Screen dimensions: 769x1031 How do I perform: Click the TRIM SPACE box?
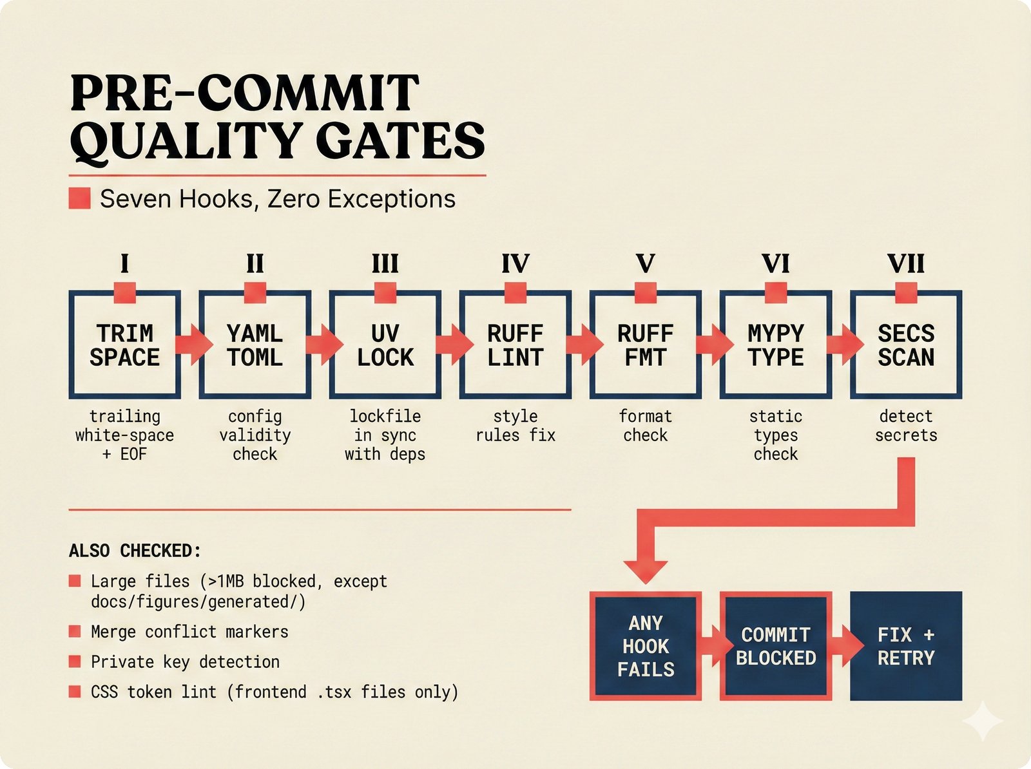point(124,345)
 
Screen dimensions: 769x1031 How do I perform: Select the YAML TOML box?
point(255,345)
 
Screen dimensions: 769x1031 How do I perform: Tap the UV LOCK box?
point(385,345)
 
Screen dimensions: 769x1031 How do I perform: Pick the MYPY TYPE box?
point(776,345)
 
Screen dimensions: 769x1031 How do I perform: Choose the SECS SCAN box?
point(906,345)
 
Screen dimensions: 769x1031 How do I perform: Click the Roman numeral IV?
point(515,264)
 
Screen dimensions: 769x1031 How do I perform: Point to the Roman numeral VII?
point(906,264)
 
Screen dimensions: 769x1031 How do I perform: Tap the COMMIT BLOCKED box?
point(776,646)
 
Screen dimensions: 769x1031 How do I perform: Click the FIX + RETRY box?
point(906,646)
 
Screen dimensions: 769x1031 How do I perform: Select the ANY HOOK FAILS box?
point(646,646)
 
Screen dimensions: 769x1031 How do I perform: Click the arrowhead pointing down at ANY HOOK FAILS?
point(646,570)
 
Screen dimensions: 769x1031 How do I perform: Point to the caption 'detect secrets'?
point(906,426)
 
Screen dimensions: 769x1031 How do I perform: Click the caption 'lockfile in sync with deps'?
point(385,435)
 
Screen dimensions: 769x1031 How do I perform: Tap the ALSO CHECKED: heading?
point(135,551)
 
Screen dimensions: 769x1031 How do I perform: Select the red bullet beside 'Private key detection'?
point(75,661)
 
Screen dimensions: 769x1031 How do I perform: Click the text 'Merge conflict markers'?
point(189,632)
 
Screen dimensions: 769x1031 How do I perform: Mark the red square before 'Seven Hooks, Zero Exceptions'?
point(80,198)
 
